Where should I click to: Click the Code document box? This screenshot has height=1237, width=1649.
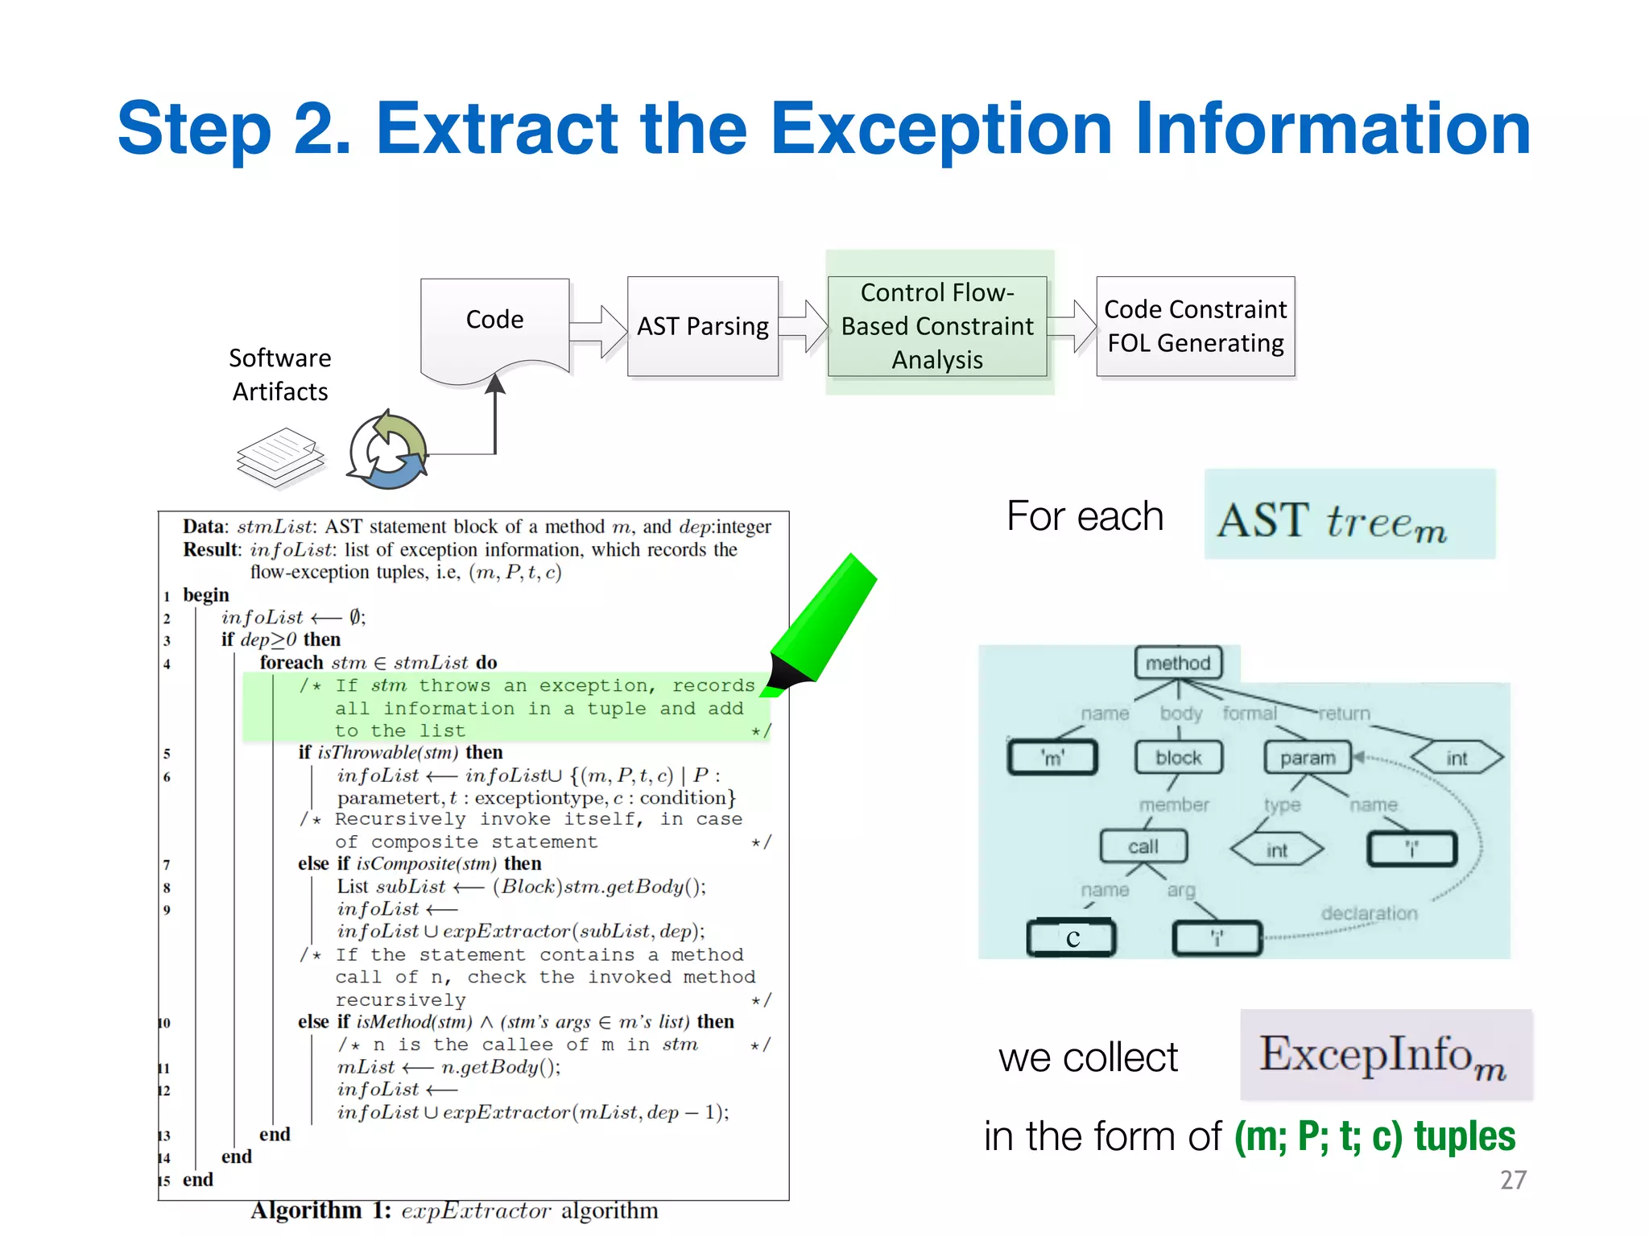pos(494,326)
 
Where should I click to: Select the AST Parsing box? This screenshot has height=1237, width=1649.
pos(703,326)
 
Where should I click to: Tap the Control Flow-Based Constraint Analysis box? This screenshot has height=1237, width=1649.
pos(937,326)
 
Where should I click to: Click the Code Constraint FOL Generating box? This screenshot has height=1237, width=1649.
pos(1195,326)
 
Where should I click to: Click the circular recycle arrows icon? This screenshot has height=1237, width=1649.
pos(388,451)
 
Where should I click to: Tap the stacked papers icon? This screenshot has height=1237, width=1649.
pos(280,457)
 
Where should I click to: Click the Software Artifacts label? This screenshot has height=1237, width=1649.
pos(280,374)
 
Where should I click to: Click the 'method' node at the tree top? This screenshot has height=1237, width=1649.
pos(1178,663)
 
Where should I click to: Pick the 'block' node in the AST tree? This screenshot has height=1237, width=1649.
pos(1178,758)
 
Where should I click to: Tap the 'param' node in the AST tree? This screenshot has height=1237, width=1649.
pos(1308,758)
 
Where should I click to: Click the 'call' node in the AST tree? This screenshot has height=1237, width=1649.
pos(1143,846)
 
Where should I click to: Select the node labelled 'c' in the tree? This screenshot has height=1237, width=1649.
pos(1072,938)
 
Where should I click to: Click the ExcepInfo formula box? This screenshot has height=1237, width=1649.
pos(1385,1055)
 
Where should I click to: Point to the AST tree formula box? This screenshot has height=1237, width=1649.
pos(1349,515)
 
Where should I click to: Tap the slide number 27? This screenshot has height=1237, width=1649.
pos(1513,1180)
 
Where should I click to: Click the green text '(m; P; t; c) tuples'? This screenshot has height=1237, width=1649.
pos(1374,1136)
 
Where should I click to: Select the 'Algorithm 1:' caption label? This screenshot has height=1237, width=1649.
pos(320,1210)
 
